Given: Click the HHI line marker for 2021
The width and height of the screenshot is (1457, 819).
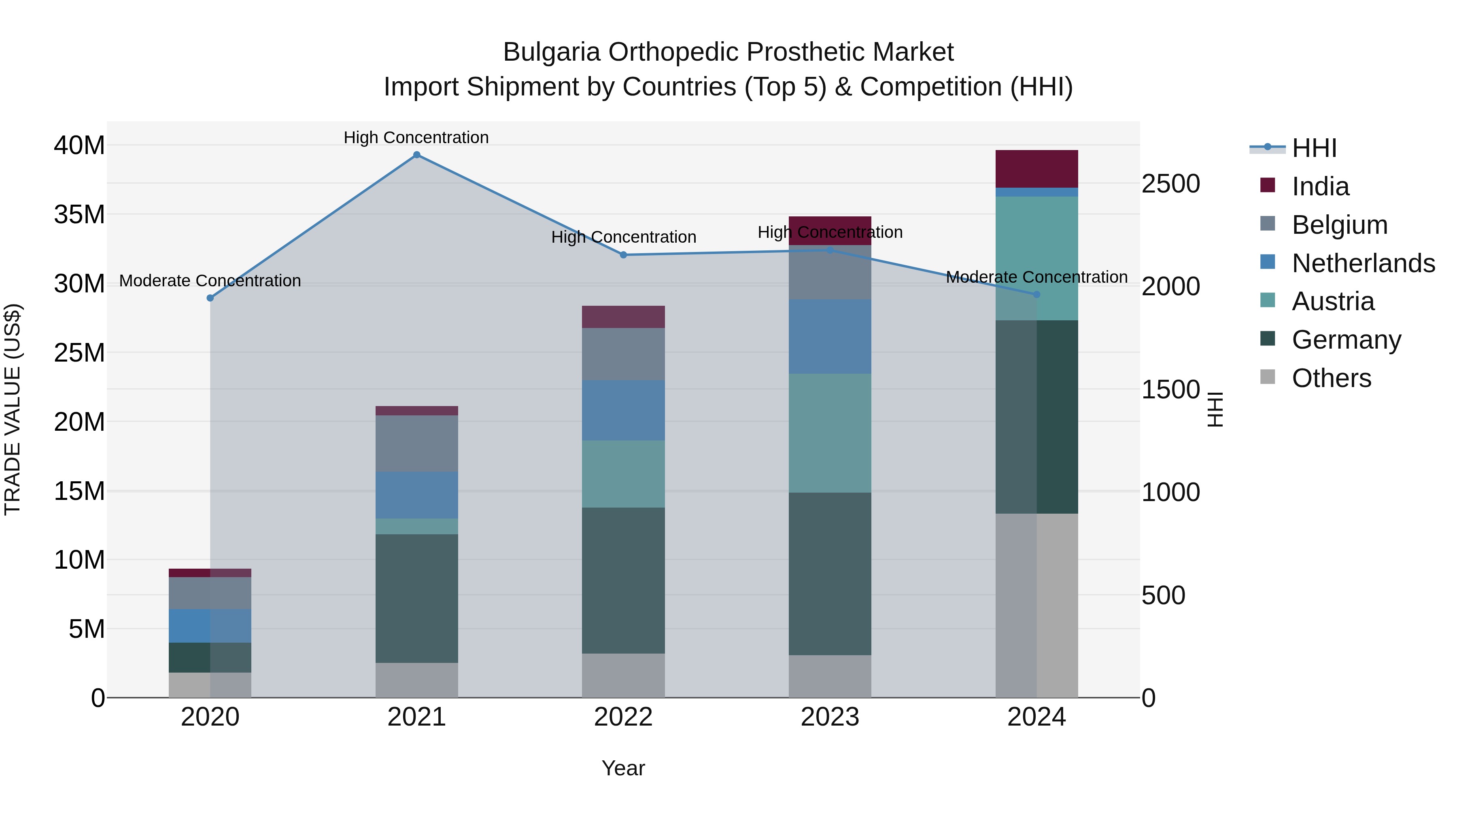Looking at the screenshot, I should click(x=416, y=155).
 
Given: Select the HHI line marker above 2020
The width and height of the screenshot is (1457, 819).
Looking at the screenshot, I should click(x=210, y=298).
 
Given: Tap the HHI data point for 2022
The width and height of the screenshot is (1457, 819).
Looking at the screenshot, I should click(x=623, y=255).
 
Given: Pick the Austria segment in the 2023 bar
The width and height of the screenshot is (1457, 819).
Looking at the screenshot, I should click(x=830, y=433).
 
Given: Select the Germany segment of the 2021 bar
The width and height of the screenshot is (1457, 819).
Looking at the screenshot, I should click(x=416, y=598).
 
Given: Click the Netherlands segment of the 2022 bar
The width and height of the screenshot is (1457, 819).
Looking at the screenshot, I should click(x=623, y=411).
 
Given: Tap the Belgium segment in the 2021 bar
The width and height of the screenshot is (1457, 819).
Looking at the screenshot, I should click(x=416, y=444).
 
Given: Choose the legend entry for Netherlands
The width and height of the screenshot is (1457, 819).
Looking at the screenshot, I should click(x=1363, y=263).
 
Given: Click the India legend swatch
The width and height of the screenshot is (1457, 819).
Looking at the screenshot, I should click(x=1268, y=185).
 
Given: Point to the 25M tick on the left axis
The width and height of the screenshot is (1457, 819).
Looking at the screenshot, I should click(x=79, y=353).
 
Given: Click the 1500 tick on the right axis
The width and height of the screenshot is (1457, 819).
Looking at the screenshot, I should click(x=1170, y=389).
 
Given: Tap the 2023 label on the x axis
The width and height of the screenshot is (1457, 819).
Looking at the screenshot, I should click(x=830, y=717).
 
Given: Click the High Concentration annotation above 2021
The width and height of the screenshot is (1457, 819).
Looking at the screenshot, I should click(x=416, y=138).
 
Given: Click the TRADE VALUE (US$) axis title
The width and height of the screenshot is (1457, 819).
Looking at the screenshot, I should click(x=13, y=409).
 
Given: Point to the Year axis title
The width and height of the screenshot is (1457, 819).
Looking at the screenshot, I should click(x=623, y=768).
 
